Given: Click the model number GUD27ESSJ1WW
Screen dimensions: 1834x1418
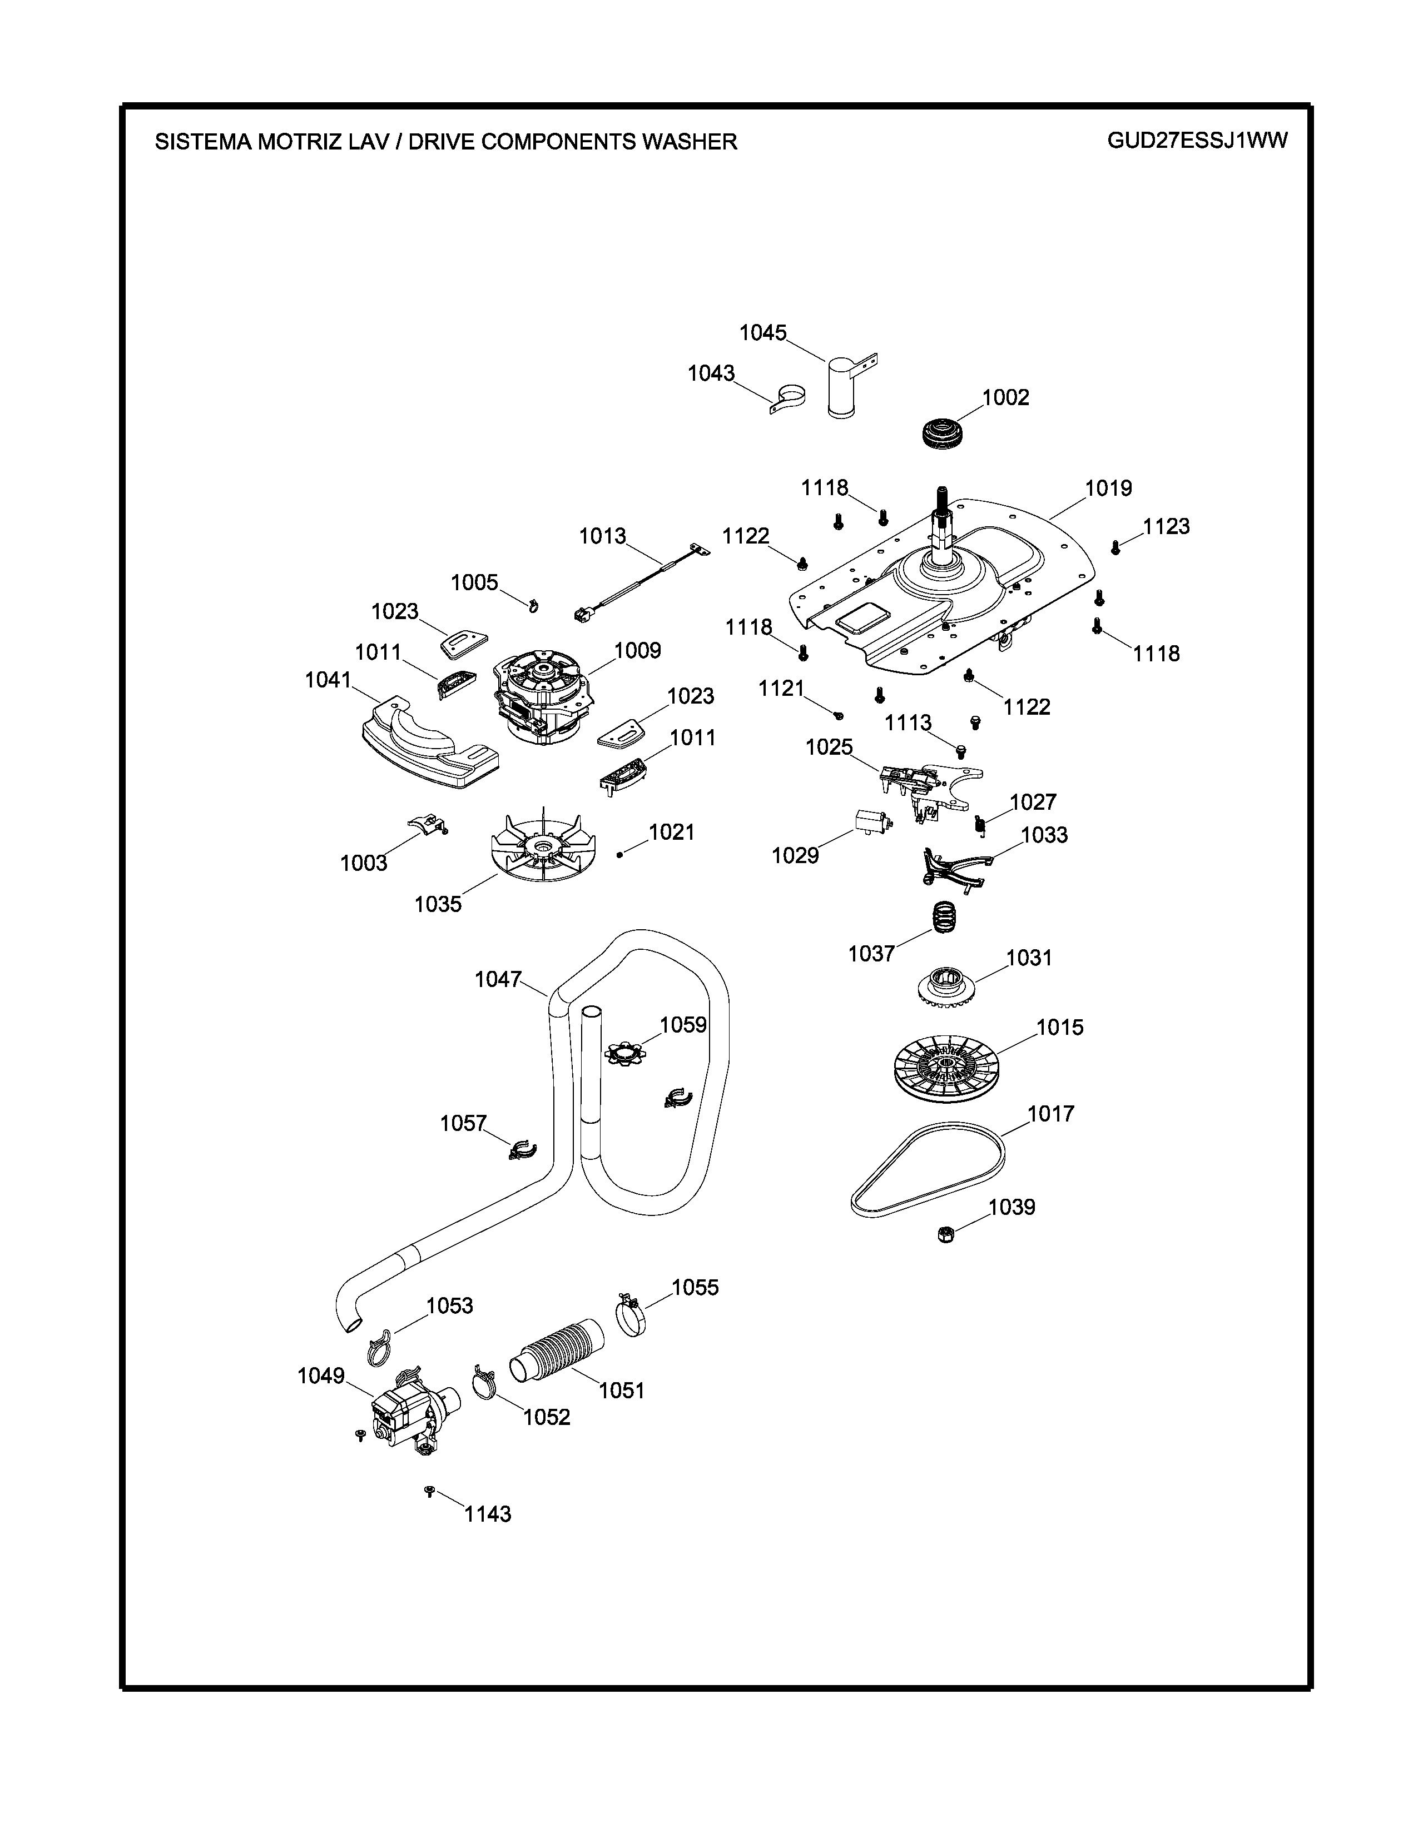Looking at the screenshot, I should (1197, 140).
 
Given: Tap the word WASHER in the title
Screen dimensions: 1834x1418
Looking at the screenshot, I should (690, 142).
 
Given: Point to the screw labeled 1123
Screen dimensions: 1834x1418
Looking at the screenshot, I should (1115, 547).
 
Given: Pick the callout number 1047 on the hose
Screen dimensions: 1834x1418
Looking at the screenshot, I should (498, 979).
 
